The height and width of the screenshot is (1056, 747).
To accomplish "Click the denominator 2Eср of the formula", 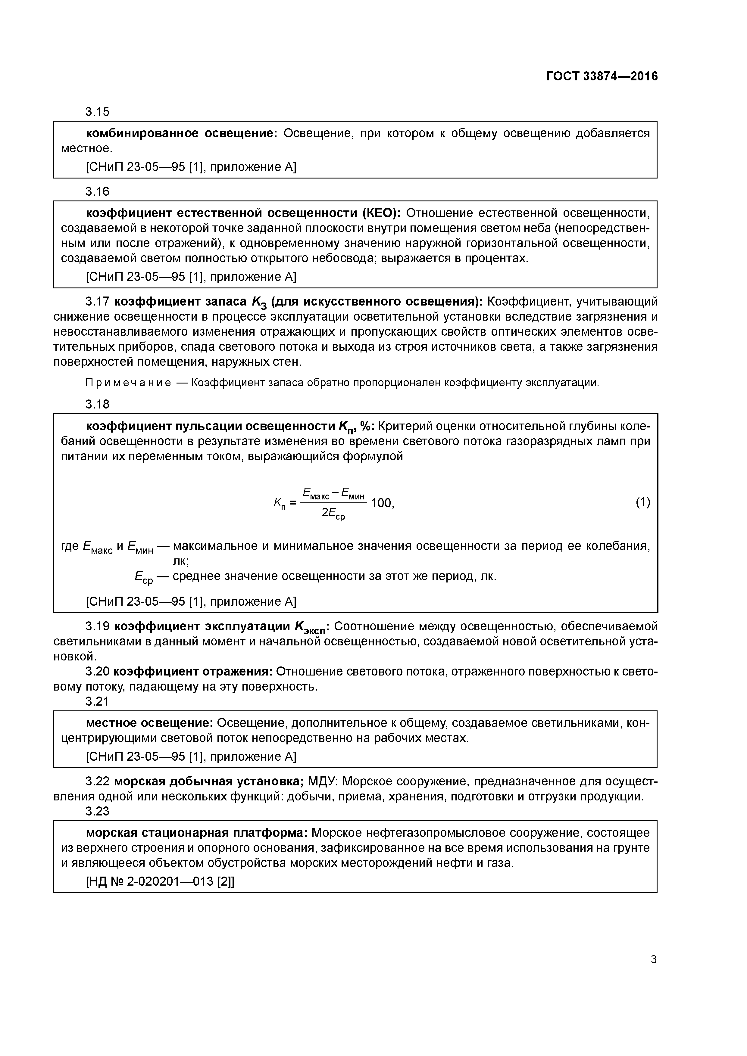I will [333, 514].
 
